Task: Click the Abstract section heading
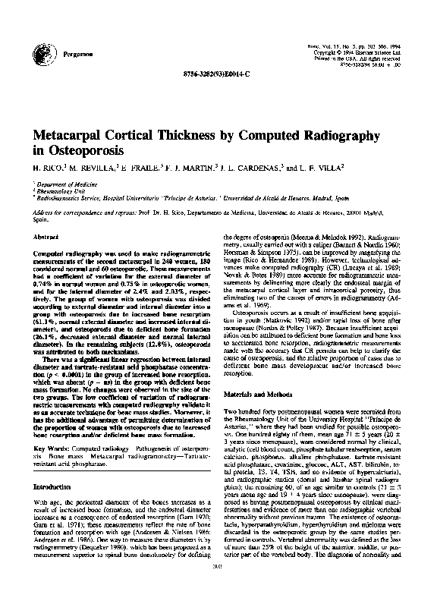46,237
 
